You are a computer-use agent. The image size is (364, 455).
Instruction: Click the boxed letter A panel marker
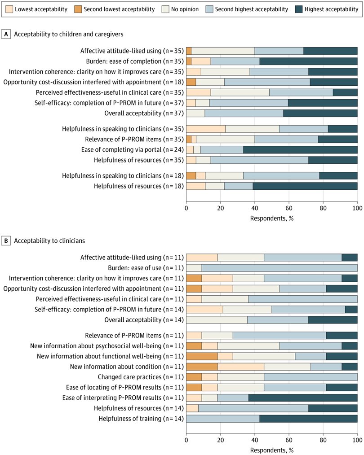6,34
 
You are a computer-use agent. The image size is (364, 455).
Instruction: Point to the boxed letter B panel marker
6,241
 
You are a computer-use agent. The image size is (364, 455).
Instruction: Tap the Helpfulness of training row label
142,419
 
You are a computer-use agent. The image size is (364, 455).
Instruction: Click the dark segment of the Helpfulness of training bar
308,419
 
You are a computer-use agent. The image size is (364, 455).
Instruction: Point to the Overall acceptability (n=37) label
144,113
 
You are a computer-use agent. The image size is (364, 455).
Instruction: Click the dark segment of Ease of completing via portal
300,150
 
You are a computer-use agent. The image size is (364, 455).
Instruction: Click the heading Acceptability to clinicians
49,241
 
